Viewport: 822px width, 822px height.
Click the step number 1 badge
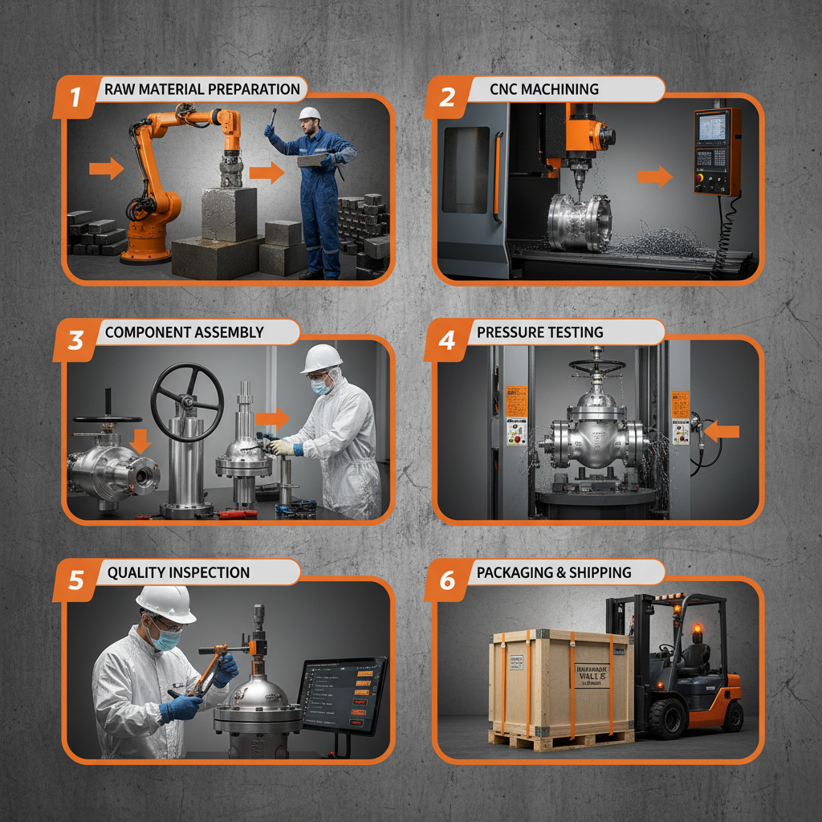75,98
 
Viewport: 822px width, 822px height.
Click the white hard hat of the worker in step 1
309,113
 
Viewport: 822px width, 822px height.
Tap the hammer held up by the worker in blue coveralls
274,117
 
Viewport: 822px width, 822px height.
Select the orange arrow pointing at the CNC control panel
654,176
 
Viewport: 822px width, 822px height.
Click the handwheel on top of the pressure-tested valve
597,366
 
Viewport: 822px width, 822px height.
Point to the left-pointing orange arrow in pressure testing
725,432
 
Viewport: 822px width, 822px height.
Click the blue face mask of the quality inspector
166,640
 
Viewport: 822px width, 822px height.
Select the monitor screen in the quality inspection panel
341,692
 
